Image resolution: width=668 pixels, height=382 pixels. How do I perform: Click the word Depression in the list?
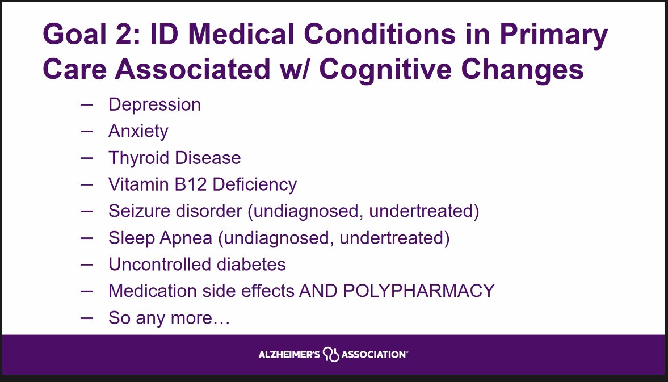[x=154, y=105]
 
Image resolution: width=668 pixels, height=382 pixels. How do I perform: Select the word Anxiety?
[x=138, y=132]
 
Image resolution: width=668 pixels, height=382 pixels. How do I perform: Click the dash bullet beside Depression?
[x=87, y=104]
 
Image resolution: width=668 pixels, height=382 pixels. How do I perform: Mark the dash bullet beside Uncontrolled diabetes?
[x=87, y=264]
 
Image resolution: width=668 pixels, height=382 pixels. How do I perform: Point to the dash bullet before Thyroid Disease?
[x=87, y=157]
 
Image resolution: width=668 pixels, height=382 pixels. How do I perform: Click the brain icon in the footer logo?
[x=331, y=355]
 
